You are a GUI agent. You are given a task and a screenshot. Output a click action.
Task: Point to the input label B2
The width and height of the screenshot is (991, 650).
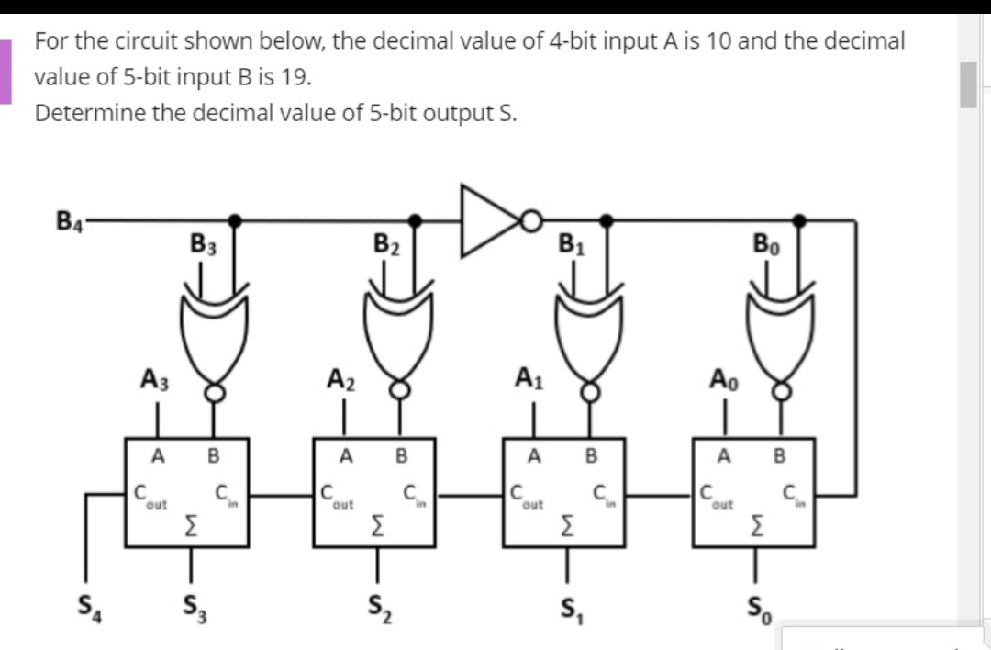(x=386, y=246)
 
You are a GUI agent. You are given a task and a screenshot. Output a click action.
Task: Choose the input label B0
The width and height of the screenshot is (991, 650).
(x=765, y=246)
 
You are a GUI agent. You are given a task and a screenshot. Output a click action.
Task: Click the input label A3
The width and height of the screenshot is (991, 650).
(x=153, y=377)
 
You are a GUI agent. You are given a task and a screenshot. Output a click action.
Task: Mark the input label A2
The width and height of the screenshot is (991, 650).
(x=341, y=377)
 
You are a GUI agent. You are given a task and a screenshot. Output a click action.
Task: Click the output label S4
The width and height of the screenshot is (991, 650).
(x=88, y=607)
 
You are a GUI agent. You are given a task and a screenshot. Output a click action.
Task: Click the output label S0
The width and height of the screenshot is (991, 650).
(x=755, y=607)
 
